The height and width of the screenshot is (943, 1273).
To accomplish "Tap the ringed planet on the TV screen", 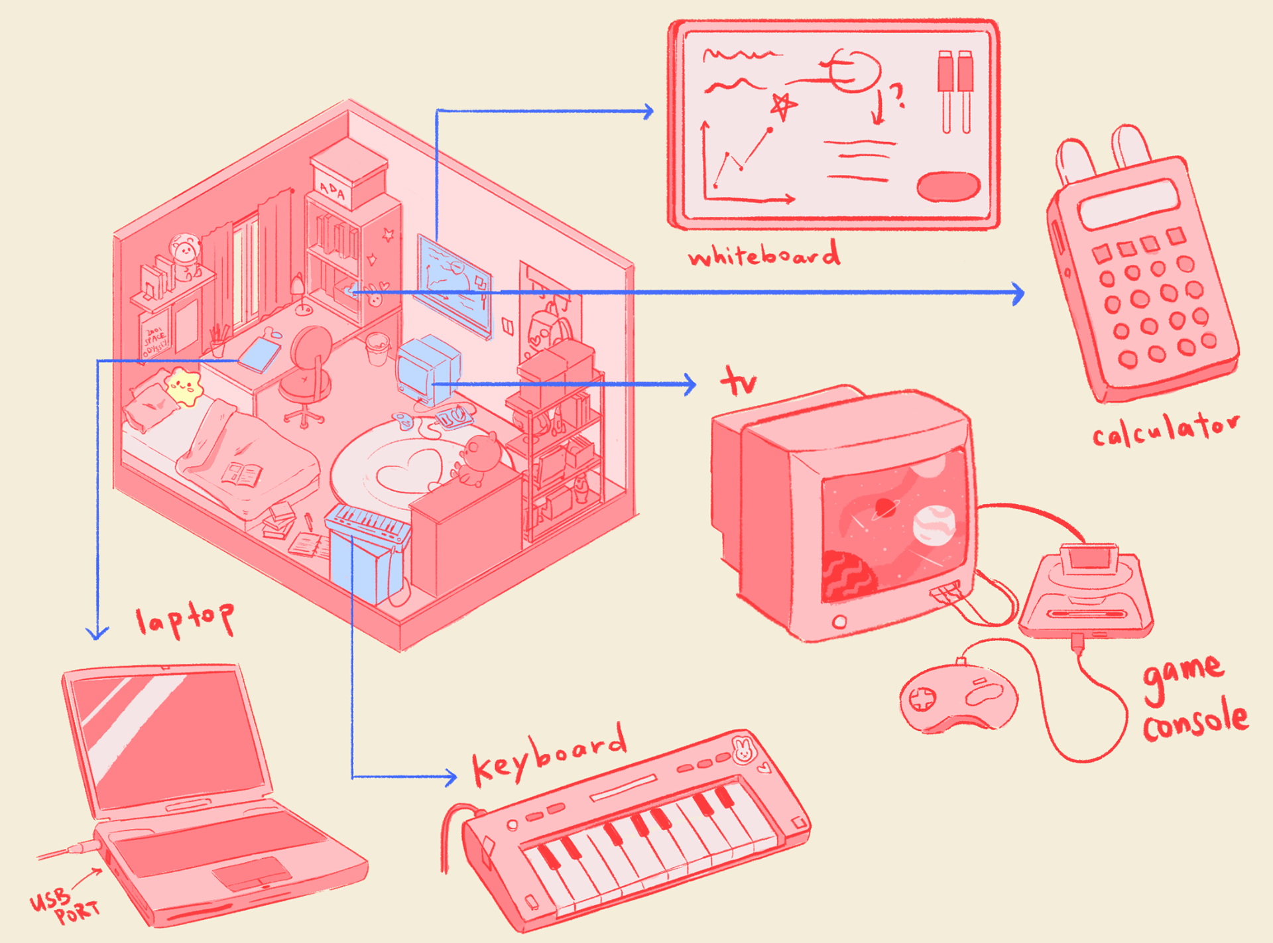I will pos(884,509).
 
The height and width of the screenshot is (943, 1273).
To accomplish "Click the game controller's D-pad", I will pos(922,698).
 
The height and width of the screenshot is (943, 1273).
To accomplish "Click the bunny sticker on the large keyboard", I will pos(743,749).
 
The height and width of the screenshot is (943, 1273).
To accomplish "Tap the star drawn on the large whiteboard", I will pos(782,106).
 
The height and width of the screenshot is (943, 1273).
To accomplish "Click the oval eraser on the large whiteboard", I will pos(948,186).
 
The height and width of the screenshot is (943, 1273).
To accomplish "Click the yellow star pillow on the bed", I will pos(183,387).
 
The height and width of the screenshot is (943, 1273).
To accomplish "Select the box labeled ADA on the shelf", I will pos(348,176).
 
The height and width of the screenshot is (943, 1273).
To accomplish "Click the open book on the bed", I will pos(241,474).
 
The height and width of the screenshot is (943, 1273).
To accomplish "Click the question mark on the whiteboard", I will pos(897,96).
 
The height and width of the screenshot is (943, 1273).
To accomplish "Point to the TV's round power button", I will pos(839,622).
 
